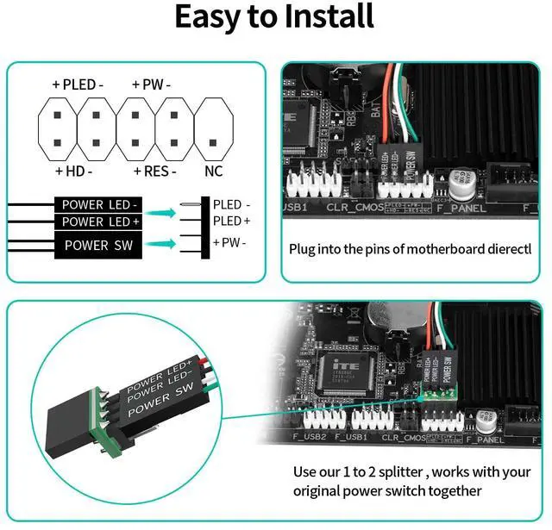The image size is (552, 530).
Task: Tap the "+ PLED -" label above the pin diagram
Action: click(x=78, y=84)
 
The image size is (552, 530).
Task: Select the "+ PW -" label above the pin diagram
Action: click(x=152, y=84)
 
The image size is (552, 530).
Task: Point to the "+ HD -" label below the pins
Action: click(x=73, y=171)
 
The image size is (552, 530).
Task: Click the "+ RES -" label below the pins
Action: click(x=154, y=171)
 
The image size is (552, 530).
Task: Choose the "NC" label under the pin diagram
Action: click(x=214, y=171)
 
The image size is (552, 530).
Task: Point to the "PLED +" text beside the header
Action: click(x=232, y=221)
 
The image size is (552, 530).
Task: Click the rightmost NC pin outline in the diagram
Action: click(x=214, y=128)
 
